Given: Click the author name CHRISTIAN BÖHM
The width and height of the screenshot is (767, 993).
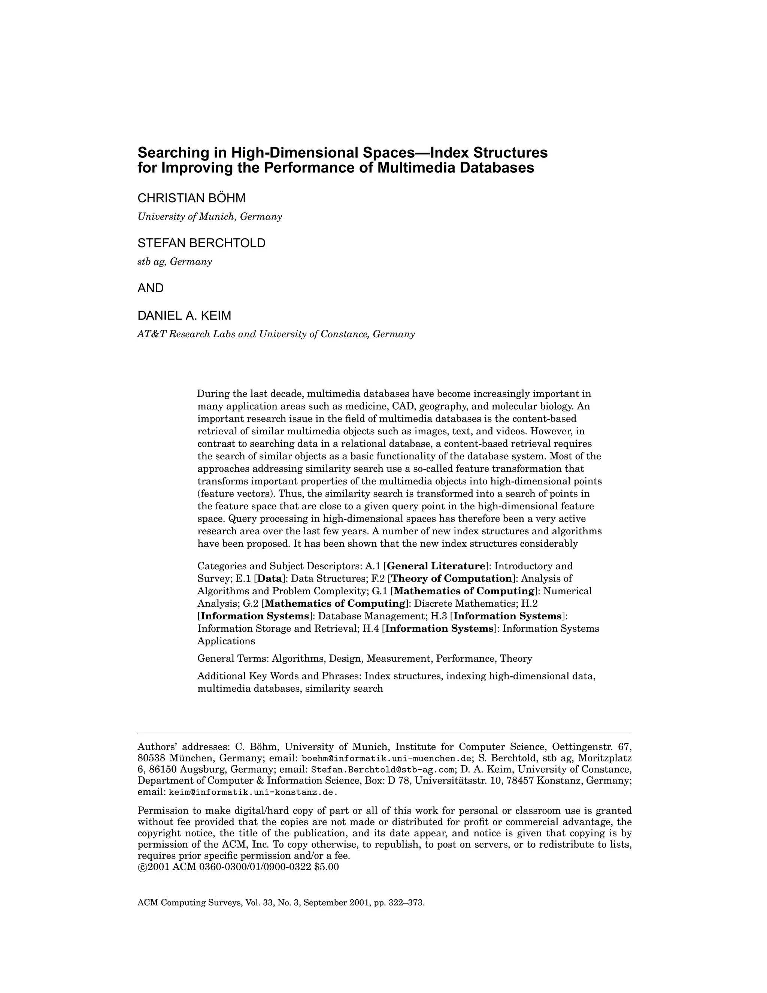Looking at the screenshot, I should click(191, 198).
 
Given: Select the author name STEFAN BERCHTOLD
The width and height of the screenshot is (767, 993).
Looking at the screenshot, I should click(201, 243).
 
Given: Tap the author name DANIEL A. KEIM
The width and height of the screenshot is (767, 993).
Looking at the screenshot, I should click(184, 315).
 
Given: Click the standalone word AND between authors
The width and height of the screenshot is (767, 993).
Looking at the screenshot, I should click(151, 288).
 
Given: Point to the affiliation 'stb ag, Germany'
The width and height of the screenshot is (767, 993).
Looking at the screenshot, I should click(175, 262).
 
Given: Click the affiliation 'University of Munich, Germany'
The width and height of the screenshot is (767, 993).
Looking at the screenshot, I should click(209, 217).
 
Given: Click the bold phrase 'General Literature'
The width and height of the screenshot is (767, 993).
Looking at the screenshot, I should click(436, 566).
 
